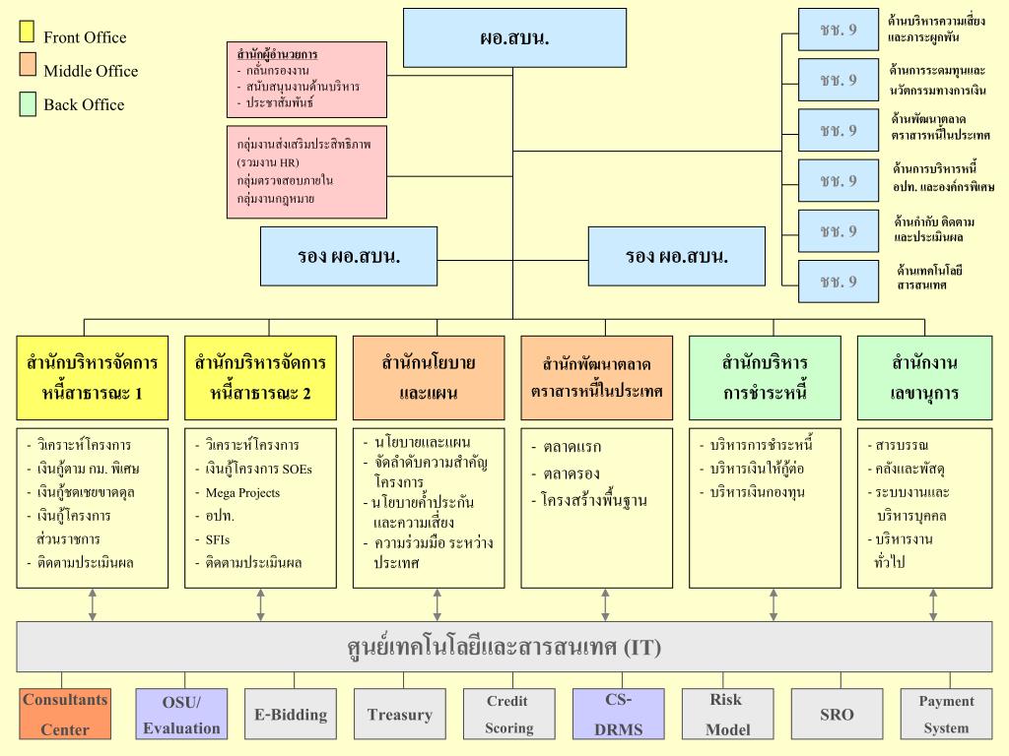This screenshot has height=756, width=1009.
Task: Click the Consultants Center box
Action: coord(65,714)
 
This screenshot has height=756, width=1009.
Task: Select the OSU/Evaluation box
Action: coord(181,714)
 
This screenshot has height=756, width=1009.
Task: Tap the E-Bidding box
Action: coord(291,714)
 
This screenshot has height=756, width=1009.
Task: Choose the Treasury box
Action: coord(400,714)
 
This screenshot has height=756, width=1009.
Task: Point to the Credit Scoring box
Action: coord(508,714)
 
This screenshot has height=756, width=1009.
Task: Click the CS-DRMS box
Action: coord(618,714)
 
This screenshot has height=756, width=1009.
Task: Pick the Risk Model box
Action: coord(727,714)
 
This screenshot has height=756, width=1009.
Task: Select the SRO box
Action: coord(837,714)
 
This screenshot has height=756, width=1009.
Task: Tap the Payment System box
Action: coord(946,714)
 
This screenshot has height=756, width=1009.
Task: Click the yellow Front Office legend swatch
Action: coord(28,33)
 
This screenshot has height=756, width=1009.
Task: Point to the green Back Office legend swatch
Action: coord(28,102)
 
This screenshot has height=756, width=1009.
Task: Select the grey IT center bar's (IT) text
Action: coord(640,648)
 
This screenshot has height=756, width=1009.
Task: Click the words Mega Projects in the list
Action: coord(242,492)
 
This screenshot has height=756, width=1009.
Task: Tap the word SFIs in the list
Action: coord(220,539)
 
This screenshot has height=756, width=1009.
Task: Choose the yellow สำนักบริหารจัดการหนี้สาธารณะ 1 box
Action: coord(94,378)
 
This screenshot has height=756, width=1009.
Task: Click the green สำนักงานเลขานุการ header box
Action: coord(924,378)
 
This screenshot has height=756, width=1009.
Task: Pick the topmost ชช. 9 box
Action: coord(838,30)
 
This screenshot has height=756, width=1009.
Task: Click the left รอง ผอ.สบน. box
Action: coord(349,256)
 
